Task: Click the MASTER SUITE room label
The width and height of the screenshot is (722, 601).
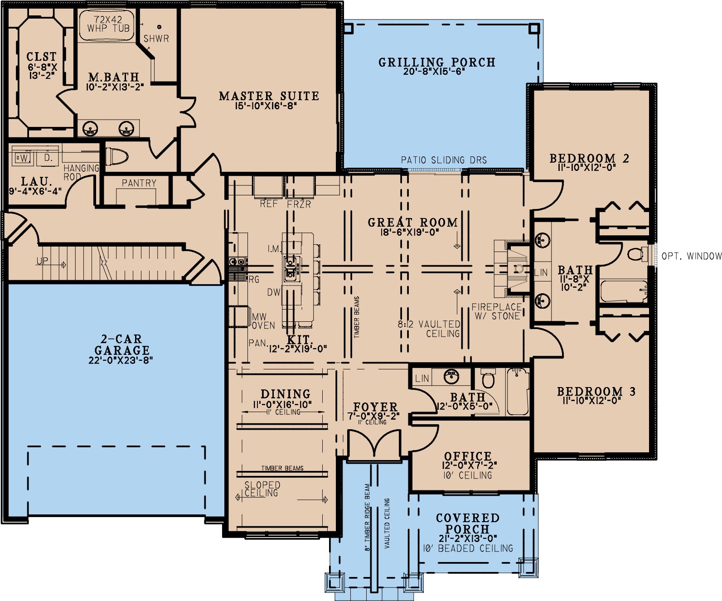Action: point(269,96)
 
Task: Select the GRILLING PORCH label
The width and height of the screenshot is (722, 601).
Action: point(437,62)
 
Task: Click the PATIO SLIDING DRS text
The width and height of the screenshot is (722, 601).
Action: point(444,160)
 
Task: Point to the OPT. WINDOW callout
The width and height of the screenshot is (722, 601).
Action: point(692,256)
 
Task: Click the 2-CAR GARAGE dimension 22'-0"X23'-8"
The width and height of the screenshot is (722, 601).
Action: point(121,360)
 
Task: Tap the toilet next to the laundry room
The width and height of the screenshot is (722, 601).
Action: point(116,157)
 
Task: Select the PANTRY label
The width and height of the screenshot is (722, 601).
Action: point(139,183)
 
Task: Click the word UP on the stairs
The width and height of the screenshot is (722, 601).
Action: point(42,261)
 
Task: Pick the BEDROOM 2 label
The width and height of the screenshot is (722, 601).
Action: point(589,158)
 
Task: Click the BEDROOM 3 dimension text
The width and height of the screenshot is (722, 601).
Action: point(591,400)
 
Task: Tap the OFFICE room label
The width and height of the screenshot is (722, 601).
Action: point(467,456)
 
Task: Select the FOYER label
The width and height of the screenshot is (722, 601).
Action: point(375,407)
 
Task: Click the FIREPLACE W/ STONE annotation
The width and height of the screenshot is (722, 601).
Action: point(497,311)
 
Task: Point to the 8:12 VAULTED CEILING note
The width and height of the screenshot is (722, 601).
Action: point(429,329)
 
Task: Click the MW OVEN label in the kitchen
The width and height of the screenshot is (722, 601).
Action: point(263,321)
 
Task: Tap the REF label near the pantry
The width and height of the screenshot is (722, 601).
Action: point(269,204)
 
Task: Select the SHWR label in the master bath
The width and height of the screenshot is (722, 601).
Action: point(156,39)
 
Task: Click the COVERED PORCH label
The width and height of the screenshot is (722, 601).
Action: point(467,523)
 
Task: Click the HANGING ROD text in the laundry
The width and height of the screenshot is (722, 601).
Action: point(81,172)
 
